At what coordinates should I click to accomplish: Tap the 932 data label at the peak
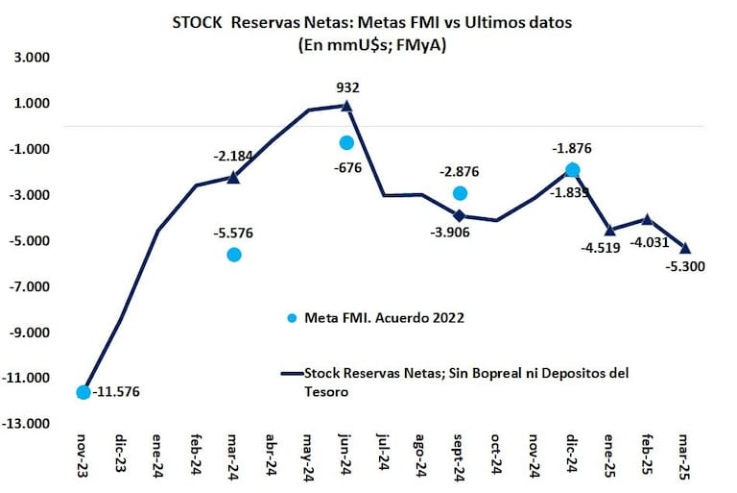coord(347,87)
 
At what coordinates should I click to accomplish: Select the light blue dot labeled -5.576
coord(234,254)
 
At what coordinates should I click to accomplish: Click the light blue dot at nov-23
coord(83,391)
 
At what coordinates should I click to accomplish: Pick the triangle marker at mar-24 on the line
coord(234,177)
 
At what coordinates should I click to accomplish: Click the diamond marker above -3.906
coord(460,215)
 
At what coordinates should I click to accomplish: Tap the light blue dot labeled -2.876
coord(461,193)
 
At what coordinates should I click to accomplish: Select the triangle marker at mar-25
coord(685,248)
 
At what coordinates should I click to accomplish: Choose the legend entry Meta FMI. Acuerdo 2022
coord(384,318)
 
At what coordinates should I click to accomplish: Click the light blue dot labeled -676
coord(346,142)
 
